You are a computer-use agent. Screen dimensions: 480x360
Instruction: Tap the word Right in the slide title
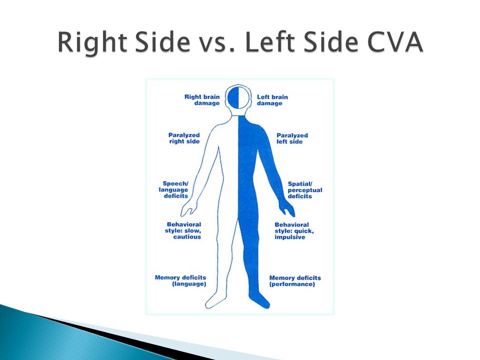click(x=92, y=42)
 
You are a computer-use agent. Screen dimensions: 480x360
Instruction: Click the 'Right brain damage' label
click(x=202, y=100)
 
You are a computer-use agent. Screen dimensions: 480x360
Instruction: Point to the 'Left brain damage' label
click(x=272, y=100)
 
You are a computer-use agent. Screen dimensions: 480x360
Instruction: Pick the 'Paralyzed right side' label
click(x=184, y=138)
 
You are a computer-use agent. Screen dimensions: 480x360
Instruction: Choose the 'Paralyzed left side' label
click(x=292, y=138)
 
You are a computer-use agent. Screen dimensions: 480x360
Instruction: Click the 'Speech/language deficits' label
click(x=173, y=190)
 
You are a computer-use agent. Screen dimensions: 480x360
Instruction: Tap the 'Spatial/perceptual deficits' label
click(x=305, y=190)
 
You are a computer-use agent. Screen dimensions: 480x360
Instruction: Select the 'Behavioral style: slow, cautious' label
click(x=183, y=231)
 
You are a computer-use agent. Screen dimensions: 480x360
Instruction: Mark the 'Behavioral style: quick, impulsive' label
click(x=294, y=231)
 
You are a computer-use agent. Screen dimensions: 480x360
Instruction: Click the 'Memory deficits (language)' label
click(x=180, y=280)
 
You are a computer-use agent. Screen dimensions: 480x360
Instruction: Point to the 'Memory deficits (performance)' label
click(x=295, y=281)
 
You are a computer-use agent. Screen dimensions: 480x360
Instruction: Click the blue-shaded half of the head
click(x=233, y=97)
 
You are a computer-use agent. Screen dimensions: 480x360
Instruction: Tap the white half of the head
click(x=243, y=97)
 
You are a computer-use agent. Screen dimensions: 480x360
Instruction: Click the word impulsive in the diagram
click(x=290, y=237)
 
